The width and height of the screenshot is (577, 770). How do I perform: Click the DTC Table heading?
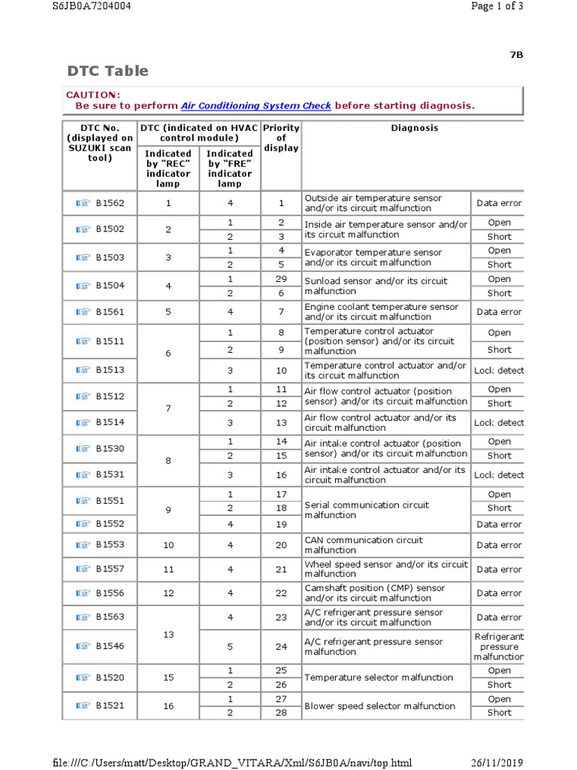click(x=107, y=71)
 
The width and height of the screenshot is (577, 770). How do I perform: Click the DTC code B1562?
click(x=110, y=203)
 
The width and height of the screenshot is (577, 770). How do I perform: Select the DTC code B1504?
click(x=110, y=286)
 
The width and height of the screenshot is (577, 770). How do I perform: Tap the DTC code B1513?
click(x=110, y=370)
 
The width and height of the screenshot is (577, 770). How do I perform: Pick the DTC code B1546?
click(x=110, y=646)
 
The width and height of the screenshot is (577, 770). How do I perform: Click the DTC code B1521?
click(x=110, y=705)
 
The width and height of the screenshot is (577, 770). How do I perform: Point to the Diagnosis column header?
click(x=414, y=128)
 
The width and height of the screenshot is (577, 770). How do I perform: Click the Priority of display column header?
click(x=281, y=138)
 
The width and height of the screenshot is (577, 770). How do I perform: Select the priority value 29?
click(x=281, y=279)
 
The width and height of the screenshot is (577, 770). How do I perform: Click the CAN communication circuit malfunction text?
click(x=364, y=545)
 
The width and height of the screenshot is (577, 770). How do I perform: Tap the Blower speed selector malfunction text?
click(x=379, y=706)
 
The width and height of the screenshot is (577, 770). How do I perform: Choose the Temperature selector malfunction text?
click(x=378, y=678)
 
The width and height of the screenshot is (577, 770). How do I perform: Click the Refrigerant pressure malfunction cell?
click(x=499, y=647)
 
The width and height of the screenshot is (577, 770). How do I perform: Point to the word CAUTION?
click(x=93, y=95)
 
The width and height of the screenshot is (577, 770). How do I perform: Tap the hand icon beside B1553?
click(x=83, y=545)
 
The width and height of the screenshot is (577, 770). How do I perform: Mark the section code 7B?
click(x=516, y=55)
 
